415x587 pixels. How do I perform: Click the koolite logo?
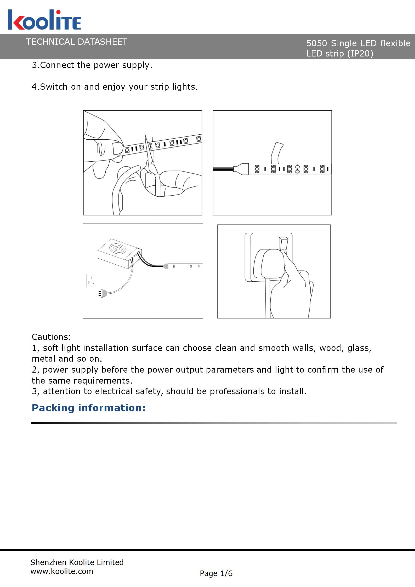(44, 20)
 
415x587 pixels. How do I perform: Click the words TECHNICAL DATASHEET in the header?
(77, 42)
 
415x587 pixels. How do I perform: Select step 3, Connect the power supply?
(92, 65)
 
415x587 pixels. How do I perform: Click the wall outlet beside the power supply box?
(91, 281)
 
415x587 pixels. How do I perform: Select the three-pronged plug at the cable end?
(103, 293)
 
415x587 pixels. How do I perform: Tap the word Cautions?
(51, 337)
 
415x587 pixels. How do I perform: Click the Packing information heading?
(89, 408)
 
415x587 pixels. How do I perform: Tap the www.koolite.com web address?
(62, 571)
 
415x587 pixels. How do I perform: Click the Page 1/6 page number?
(216, 573)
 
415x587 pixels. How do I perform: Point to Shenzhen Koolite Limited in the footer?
(77, 562)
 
